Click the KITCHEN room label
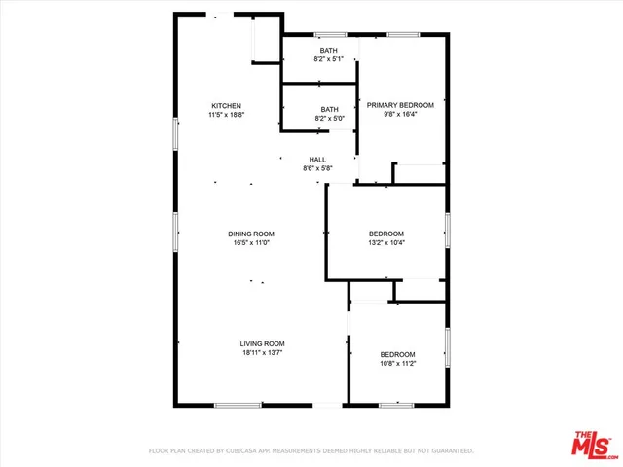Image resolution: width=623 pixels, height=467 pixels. pyautogui.click(x=227, y=105)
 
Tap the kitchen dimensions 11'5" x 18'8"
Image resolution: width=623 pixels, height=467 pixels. pyautogui.click(x=227, y=115)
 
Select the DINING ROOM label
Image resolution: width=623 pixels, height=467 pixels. pyautogui.click(x=251, y=233)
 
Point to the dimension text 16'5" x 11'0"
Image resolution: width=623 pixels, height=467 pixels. pyautogui.click(x=251, y=243)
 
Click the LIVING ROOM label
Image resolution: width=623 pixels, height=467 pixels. pyautogui.click(x=263, y=343)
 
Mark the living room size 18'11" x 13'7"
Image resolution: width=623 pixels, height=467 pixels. pyautogui.click(x=263, y=353)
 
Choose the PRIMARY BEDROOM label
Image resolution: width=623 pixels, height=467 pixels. pyautogui.click(x=401, y=104)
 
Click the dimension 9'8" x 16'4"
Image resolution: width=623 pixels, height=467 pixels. pyautogui.click(x=401, y=114)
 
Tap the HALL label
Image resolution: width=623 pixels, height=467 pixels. pyautogui.click(x=317, y=160)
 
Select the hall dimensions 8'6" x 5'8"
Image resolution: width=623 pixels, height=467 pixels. pyautogui.click(x=317, y=169)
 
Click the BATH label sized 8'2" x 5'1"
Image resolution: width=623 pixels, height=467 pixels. pyautogui.click(x=329, y=51)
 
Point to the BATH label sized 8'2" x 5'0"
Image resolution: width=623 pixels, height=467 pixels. pyautogui.click(x=329, y=110)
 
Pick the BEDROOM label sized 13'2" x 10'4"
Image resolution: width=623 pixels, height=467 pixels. pyautogui.click(x=386, y=233)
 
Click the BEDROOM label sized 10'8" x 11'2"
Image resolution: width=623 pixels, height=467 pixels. pyautogui.click(x=397, y=354)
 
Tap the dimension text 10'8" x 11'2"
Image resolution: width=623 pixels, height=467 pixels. pyautogui.click(x=397, y=364)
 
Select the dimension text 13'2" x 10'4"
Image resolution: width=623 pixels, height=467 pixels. pyautogui.click(x=386, y=243)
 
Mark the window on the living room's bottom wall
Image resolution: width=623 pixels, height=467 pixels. pyautogui.click(x=238, y=404)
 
